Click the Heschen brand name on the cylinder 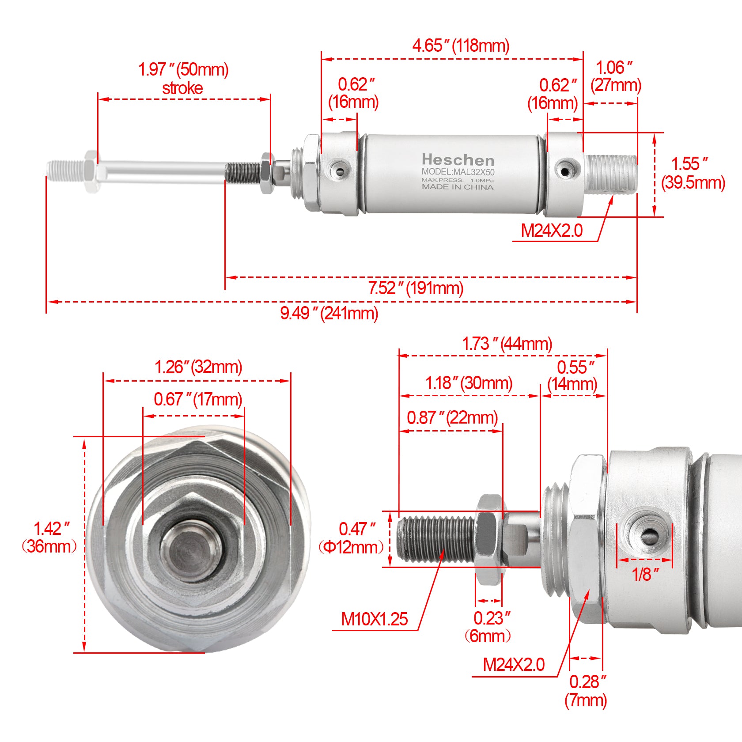pyautogui.click(x=458, y=159)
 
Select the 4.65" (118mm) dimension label pyautogui.click(x=460, y=45)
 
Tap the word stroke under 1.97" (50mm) pyautogui.click(x=182, y=88)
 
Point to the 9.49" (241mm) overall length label pyautogui.click(x=329, y=313)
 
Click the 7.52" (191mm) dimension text pyautogui.click(x=416, y=288)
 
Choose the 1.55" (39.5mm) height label pyautogui.click(x=693, y=173)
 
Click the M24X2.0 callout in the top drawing pyautogui.click(x=552, y=231)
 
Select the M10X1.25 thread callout pyautogui.click(x=374, y=619)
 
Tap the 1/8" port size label pyautogui.click(x=645, y=574)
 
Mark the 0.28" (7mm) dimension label pyautogui.click(x=587, y=691)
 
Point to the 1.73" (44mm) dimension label pyautogui.click(x=507, y=344)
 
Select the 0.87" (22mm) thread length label pyautogui.click(x=452, y=417)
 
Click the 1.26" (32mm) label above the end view pyautogui.click(x=198, y=367)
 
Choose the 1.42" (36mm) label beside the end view pyautogui.click(x=49, y=537)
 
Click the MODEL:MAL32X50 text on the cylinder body pyautogui.click(x=458, y=172)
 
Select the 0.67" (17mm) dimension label pyautogui.click(x=197, y=399)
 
